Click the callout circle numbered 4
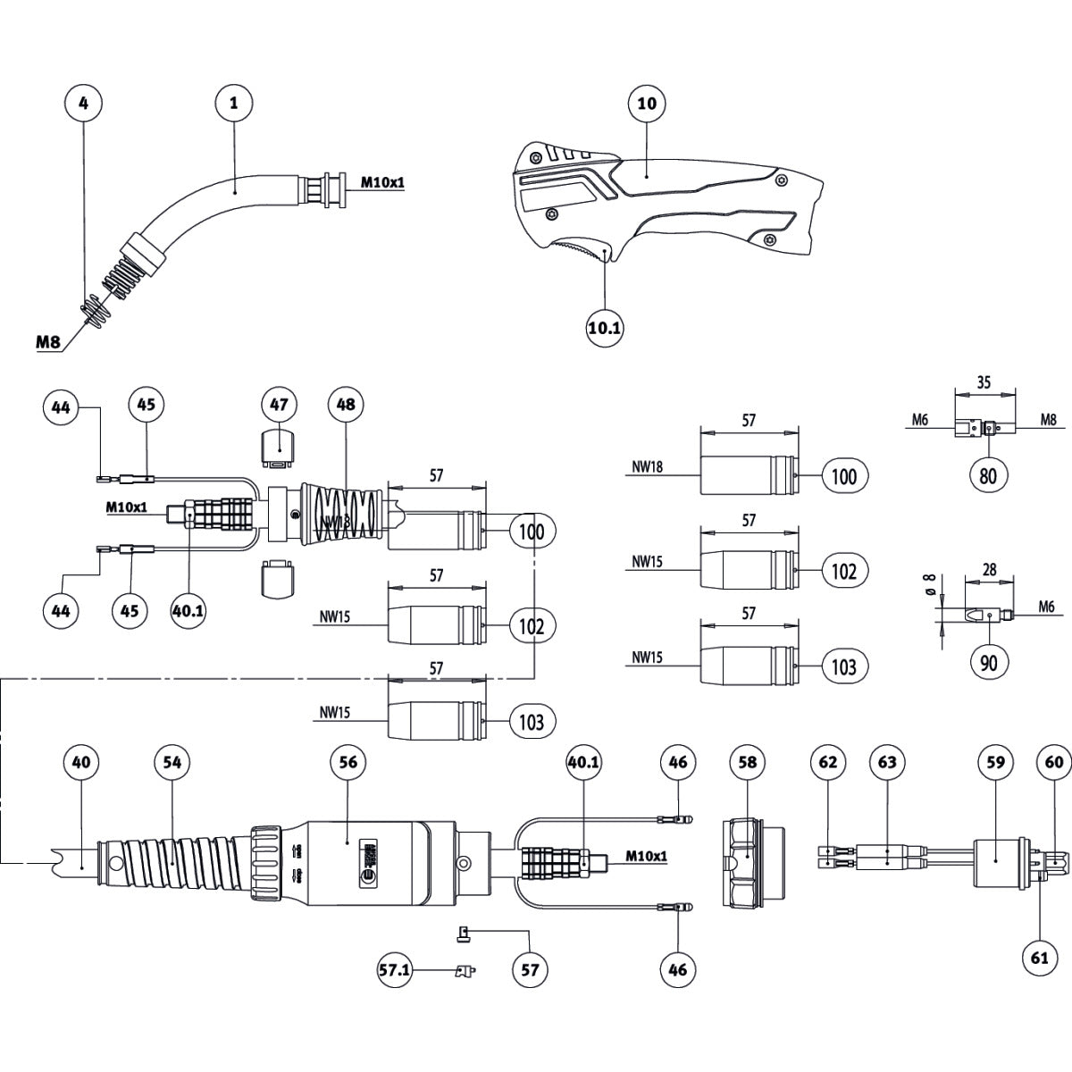(x=84, y=104)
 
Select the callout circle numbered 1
(x=234, y=104)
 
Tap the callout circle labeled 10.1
(x=605, y=328)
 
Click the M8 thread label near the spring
(x=50, y=341)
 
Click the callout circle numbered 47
(x=280, y=404)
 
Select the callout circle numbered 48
(x=346, y=404)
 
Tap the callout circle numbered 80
(x=988, y=475)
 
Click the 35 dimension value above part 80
(x=984, y=382)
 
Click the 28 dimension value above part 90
(x=988, y=569)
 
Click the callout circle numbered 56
(x=348, y=762)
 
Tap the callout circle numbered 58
(x=748, y=762)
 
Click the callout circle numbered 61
(x=1039, y=958)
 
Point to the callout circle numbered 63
(x=886, y=762)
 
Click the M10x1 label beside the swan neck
(x=382, y=182)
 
